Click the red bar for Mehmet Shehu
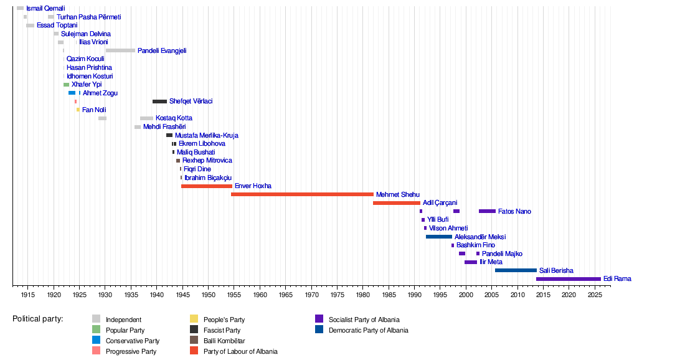[302, 194]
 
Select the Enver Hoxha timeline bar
[206, 186]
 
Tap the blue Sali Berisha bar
[516, 270]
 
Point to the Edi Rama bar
[568, 279]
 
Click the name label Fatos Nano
[514, 212]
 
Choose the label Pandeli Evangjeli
[162, 51]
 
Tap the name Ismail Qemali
[45, 9]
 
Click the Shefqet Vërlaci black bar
[159, 102]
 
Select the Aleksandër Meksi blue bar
[439, 237]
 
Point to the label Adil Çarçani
[440, 203]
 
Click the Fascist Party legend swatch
[194, 330]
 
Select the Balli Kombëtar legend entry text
[224, 341]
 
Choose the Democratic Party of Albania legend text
[369, 330]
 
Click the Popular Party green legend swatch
[96, 330]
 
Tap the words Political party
[37, 319]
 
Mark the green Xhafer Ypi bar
[66, 85]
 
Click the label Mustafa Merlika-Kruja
[206, 135]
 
